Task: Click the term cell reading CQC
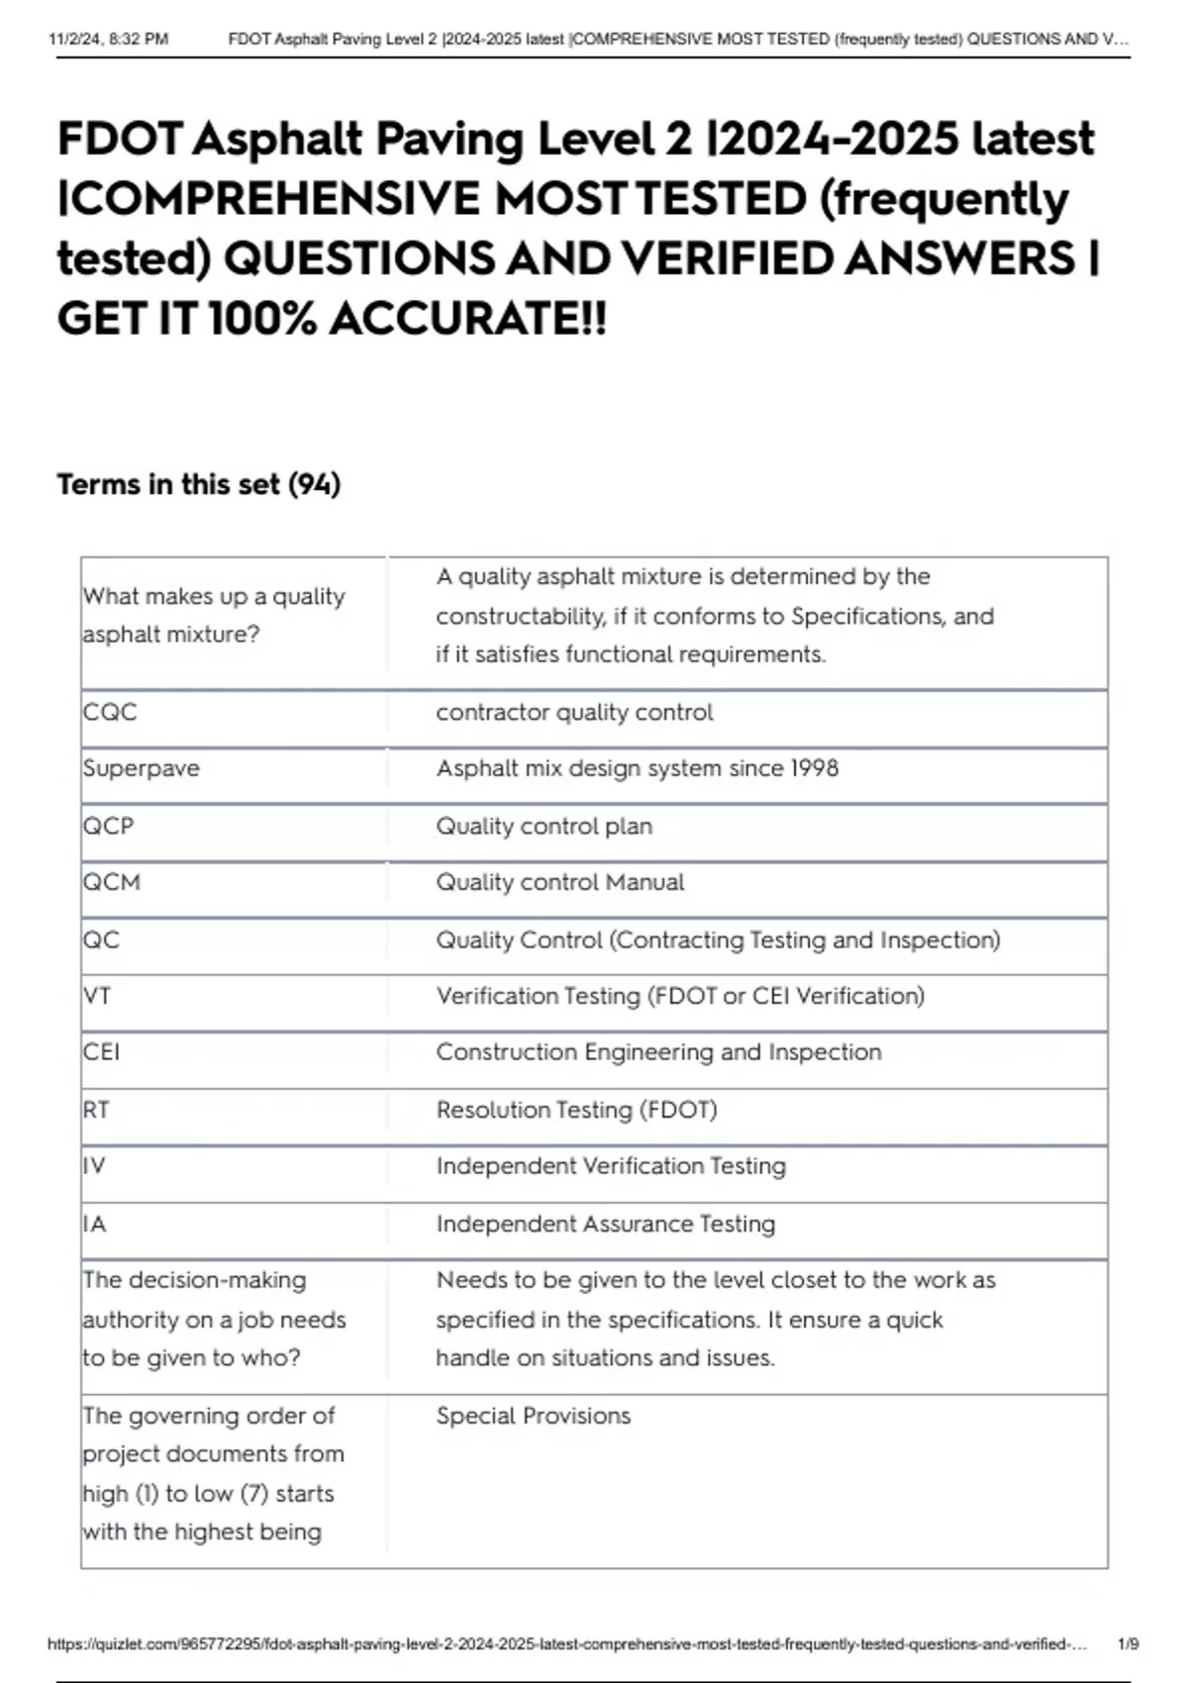[110, 712]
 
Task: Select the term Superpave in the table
[142, 768]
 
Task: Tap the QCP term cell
[108, 826]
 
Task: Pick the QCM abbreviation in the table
[112, 882]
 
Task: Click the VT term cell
[97, 996]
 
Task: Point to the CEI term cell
[101, 1051]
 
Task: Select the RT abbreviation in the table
[96, 1110]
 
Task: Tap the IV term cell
[94, 1166]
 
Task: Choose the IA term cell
[94, 1224]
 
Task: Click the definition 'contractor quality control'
[574, 712]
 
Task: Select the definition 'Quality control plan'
[544, 826]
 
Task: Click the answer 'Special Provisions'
[534, 1416]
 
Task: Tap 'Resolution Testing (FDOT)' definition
[577, 1110]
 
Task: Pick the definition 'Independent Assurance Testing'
[606, 1224]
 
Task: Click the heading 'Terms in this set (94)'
[199, 484]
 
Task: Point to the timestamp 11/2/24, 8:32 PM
[108, 40]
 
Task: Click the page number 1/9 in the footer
[1128, 1644]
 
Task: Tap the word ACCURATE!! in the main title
[467, 319]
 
